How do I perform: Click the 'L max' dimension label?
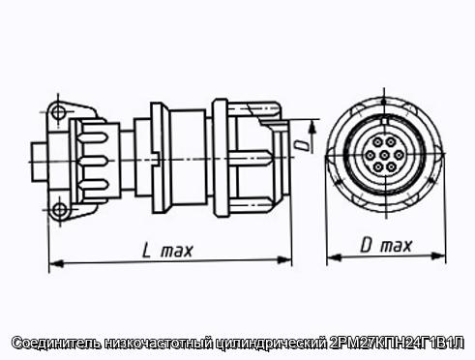tap(167, 251)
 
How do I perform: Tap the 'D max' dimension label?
tap(386, 246)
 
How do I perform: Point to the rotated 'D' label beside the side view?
tap(302, 145)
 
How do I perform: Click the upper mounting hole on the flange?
tap(58, 112)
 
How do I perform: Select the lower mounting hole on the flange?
tap(60, 210)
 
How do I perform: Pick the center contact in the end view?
tap(384, 155)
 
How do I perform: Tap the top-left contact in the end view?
tap(377, 142)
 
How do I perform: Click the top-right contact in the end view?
tap(391, 142)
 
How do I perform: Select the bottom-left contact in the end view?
tap(378, 167)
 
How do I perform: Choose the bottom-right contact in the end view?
tap(391, 167)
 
